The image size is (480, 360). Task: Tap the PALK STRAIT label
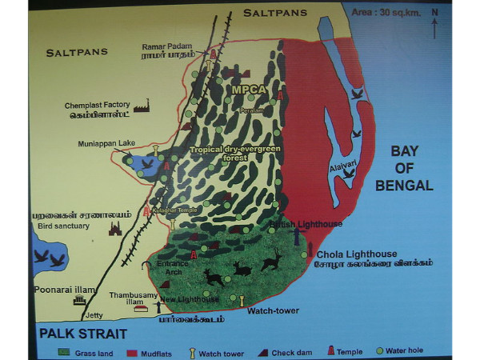[x=76, y=330]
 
